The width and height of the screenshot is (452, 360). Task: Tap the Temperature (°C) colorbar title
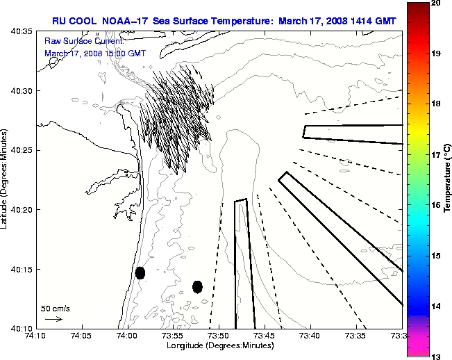coord(448,180)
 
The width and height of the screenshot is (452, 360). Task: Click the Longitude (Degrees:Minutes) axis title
coord(218,345)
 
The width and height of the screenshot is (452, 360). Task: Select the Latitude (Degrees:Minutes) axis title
coord(6,180)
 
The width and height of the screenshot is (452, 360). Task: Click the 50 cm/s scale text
coord(55,308)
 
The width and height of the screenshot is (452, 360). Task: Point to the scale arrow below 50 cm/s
coord(53,319)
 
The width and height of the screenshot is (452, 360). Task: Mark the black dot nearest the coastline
coord(140,272)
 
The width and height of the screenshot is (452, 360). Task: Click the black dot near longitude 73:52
coord(197,286)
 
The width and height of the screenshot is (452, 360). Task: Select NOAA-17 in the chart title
coord(125,21)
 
